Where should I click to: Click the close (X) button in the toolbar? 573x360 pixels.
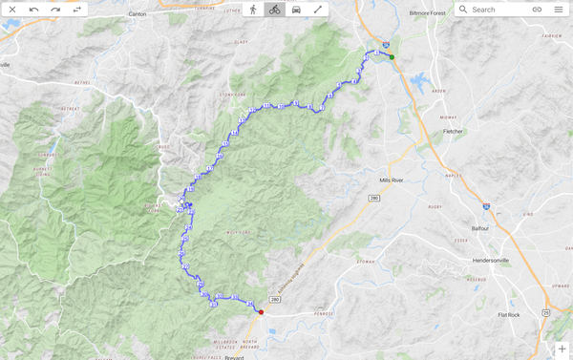[12, 10]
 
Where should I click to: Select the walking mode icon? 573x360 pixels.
[253, 10]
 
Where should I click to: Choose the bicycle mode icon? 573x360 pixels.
[274, 10]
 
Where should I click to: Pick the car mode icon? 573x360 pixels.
[296, 10]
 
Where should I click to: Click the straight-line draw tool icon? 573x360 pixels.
[317, 10]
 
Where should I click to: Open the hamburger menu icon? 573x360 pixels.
[559, 10]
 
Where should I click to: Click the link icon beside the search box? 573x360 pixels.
[537, 10]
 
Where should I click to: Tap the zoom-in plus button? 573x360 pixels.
[562, 349]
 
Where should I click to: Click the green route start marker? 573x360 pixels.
[392, 57]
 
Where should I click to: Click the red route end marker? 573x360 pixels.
[261, 312]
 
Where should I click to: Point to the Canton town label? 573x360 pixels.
[138, 14]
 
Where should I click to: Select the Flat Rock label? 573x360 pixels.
[508, 314]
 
